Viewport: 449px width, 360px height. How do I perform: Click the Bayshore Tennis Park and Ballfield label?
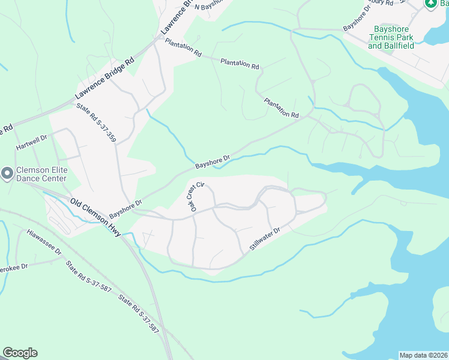click(391, 37)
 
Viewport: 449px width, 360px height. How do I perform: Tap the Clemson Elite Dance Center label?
click(42, 174)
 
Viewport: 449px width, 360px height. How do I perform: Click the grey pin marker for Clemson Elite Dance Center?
click(7, 174)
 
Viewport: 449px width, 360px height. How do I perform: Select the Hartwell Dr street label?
click(31, 146)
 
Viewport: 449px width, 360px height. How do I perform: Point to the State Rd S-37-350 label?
click(96, 123)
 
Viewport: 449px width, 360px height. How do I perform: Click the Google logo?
click(20, 353)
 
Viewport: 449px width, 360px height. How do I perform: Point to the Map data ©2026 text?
click(423, 355)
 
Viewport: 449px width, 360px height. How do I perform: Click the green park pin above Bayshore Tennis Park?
click(430, 4)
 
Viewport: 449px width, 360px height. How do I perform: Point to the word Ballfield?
click(399, 46)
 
